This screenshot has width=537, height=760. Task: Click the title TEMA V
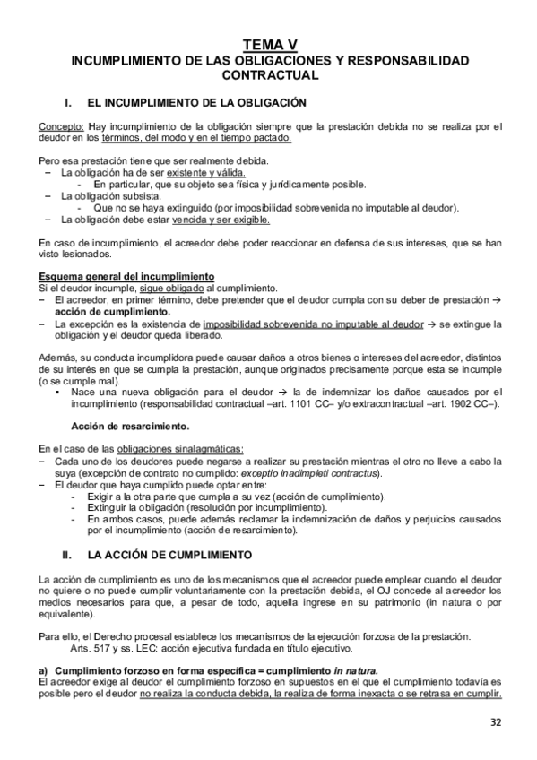268,45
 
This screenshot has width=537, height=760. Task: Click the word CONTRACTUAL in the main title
268,77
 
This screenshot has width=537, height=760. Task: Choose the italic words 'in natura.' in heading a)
356,670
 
